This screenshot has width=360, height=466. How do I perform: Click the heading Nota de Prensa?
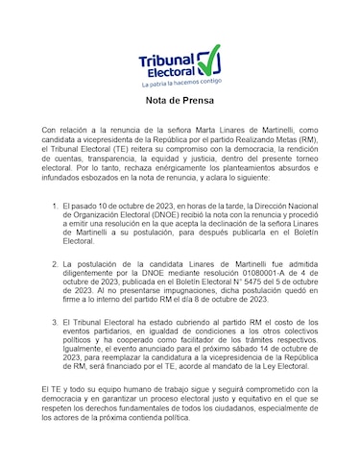click(180, 100)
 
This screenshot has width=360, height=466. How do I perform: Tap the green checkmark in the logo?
click(210, 57)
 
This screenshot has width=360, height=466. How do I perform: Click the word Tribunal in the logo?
click(165, 57)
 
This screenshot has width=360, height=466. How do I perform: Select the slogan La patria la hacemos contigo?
click(180, 84)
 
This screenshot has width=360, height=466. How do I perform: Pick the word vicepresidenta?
click(109, 138)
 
